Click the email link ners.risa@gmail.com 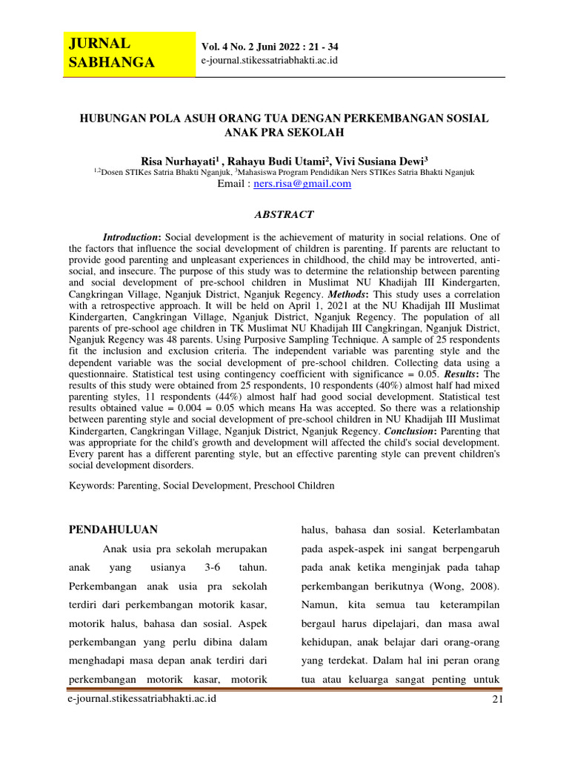tap(302, 184)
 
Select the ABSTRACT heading tap(284, 214)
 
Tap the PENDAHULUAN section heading tap(113, 529)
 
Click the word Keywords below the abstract tap(91, 485)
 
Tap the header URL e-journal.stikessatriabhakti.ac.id tap(270, 59)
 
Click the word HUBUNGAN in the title tap(112, 118)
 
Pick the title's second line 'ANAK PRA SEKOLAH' tap(284, 133)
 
